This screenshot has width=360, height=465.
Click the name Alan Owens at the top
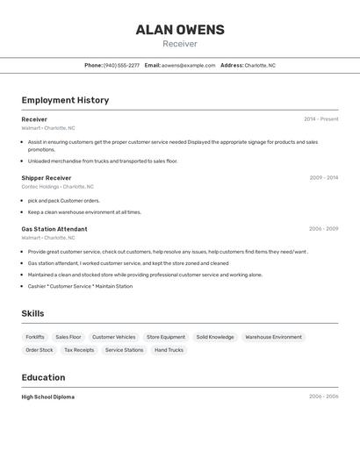coord(180,30)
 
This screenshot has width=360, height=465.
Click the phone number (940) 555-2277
coord(121,65)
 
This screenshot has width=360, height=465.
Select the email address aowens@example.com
coord(188,65)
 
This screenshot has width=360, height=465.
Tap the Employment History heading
coord(65,100)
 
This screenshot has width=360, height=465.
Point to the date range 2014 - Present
coord(320,119)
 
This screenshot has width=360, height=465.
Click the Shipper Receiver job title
coord(47,178)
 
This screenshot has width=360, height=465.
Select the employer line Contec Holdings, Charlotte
coord(57,187)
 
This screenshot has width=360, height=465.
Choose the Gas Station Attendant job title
coord(54,229)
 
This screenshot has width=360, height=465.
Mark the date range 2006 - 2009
coord(323,229)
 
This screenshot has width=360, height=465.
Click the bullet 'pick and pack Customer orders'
coord(63,201)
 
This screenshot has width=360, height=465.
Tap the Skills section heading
coord(32,313)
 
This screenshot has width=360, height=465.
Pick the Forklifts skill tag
coord(35,337)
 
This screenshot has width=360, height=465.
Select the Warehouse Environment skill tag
coord(273,337)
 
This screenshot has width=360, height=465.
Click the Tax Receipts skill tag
coord(79,350)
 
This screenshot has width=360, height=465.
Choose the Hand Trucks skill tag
coord(169,350)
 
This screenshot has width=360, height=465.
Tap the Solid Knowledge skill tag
coord(215,337)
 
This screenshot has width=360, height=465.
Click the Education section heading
coord(43,377)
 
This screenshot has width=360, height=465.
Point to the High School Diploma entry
coord(48,397)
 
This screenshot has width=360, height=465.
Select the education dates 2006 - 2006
coord(323,397)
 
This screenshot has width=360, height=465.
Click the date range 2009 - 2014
coord(323,178)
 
